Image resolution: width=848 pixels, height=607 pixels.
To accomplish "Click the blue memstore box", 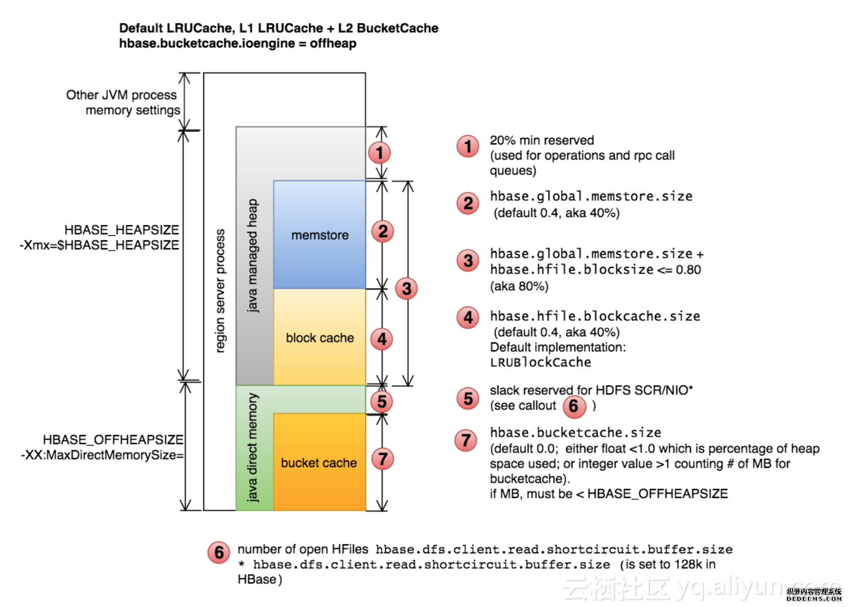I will click(320, 235).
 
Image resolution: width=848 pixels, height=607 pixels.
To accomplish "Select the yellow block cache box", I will click(320, 337).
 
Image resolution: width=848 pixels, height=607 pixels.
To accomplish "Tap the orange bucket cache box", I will click(320, 463).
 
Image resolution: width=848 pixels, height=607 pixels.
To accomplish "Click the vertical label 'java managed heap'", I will click(252, 255).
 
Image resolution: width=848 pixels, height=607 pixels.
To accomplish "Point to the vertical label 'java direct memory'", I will click(252, 447).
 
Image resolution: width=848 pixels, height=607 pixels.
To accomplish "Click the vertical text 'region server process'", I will click(220, 291).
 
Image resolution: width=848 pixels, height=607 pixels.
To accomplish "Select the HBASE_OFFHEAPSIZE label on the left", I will click(113, 439).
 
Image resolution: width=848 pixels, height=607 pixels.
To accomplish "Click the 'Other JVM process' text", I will click(121, 95).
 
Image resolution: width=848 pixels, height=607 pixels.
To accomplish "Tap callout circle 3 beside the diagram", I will click(406, 289).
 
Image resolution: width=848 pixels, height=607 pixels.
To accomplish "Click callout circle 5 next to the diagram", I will click(382, 402).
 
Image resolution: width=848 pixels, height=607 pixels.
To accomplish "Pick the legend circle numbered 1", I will click(467, 147).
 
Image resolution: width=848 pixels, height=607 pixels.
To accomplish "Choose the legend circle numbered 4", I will click(467, 318).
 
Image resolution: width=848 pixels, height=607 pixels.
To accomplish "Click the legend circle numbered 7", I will click(466, 440).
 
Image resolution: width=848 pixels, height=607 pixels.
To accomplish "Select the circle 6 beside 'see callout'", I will click(574, 406).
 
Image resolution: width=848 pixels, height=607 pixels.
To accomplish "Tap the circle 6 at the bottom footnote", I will click(219, 552).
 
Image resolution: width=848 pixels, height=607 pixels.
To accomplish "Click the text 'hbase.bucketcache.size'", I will click(575, 433).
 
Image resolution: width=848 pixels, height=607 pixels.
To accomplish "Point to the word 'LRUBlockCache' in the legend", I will click(540, 362).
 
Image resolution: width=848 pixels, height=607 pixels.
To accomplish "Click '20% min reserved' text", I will click(541, 140).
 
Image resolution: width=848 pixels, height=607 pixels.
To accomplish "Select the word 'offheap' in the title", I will click(333, 43).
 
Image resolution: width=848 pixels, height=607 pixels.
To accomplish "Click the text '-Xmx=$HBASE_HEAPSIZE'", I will click(99, 245).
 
